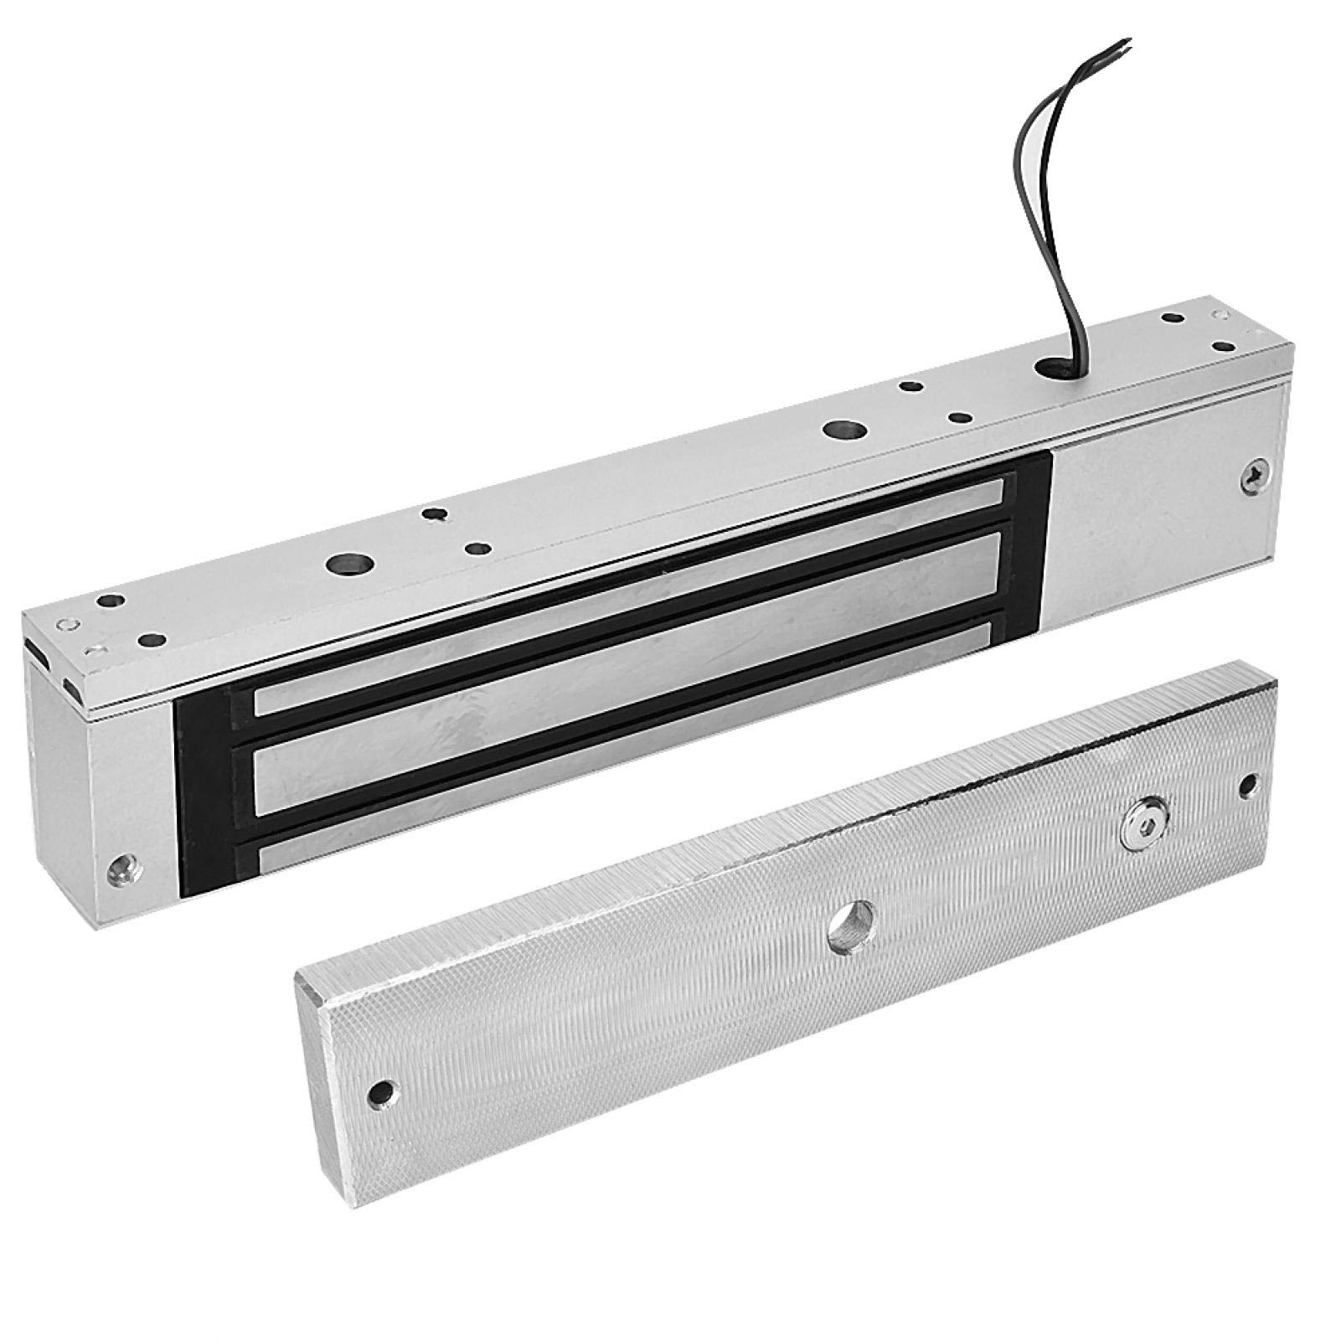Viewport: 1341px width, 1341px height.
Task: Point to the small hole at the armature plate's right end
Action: [x=1248, y=785]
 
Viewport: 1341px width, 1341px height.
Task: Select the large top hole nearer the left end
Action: [x=343, y=565]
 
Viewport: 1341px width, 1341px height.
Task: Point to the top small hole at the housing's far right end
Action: [x=1168, y=318]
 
